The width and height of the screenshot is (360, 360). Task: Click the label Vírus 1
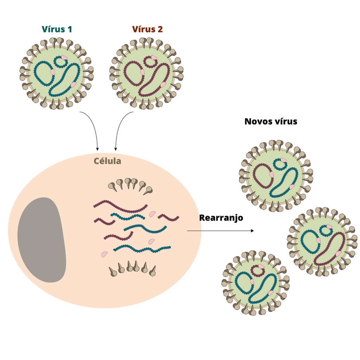coord(57,29)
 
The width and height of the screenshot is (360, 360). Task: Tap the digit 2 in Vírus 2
coord(160,30)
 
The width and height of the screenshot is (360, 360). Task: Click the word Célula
coord(108,161)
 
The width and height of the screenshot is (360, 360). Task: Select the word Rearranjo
coord(221,218)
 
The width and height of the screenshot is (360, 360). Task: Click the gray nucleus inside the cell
coord(42,240)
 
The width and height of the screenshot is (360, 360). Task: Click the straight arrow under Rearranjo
coord(220,231)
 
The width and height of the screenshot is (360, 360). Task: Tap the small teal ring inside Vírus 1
coord(60,62)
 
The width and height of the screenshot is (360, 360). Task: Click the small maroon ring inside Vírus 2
coord(150,62)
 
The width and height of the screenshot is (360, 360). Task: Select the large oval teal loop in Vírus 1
coord(44,73)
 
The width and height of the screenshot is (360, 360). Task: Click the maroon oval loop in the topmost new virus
coord(263,176)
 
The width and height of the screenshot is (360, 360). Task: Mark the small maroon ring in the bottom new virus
coord(258,271)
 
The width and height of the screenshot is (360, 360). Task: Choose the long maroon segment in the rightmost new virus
coord(330,249)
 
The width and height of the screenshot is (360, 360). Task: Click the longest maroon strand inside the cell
coord(121,206)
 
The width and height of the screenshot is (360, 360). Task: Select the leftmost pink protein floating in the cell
coord(104,254)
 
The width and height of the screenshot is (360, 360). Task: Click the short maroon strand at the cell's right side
coord(168,218)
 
